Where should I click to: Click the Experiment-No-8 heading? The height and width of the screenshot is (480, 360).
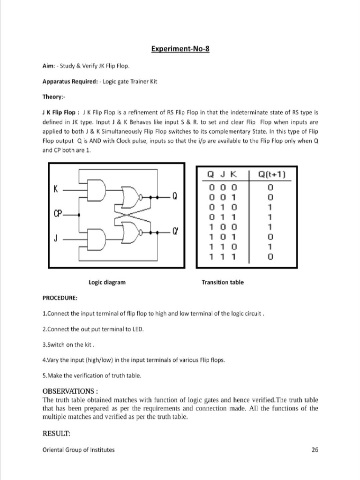(x=180, y=49)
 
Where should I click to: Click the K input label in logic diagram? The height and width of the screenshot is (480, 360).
(x=56, y=190)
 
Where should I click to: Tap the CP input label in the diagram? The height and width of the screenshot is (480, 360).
(x=58, y=214)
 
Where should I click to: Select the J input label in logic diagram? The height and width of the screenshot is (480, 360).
(x=56, y=239)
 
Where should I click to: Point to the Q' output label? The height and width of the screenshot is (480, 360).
(x=176, y=232)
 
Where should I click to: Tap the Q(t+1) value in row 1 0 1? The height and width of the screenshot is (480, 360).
(x=270, y=237)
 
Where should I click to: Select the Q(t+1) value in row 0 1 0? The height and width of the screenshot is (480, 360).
(x=270, y=207)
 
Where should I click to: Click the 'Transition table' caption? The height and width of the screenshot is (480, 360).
(x=223, y=282)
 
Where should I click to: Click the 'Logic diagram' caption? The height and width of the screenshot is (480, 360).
(x=107, y=282)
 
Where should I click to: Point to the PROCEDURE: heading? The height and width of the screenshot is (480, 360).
(x=60, y=298)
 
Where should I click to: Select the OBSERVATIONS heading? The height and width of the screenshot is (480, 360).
(x=70, y=391)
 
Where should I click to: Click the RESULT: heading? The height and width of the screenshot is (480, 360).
(x=56, y=434)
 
